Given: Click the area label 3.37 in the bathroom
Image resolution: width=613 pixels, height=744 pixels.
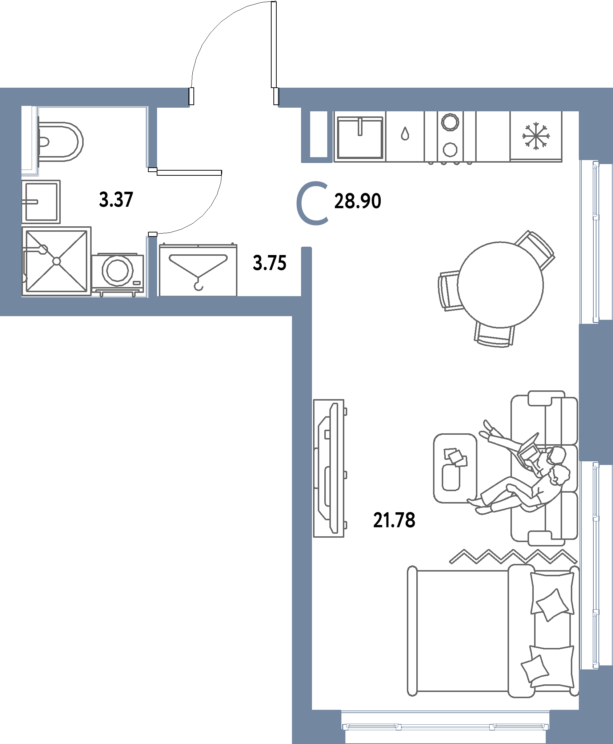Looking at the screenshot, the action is pos(116,200).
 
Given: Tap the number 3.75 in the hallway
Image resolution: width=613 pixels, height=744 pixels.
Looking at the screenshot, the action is pos(270,263).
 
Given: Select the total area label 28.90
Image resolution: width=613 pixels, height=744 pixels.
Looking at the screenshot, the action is pos(358,201).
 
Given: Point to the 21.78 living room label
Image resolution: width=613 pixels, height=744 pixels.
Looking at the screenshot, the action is pos(394,520).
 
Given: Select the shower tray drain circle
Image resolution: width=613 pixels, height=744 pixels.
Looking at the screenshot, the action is pos(57,261).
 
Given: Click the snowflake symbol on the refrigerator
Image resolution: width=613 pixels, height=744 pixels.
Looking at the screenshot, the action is pos(536,136).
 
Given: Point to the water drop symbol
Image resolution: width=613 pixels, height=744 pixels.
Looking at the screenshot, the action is pos(405,134).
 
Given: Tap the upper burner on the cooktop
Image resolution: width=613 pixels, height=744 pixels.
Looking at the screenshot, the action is pos(450,122).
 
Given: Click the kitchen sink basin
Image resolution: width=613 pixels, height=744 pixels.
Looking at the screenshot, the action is pos(360,138).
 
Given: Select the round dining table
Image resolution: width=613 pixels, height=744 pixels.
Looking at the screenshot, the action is pos(500,285).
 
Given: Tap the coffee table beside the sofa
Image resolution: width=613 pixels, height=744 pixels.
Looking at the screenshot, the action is pos(455,468).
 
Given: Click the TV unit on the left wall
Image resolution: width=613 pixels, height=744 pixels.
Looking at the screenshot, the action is pos(329,468).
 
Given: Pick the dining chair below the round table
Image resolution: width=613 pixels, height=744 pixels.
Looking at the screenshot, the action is pos(494,334).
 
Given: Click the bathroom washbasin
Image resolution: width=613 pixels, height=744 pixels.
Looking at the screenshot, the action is pos(41,202).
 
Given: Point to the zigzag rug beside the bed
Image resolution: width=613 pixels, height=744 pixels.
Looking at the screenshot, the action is pos(513,556).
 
